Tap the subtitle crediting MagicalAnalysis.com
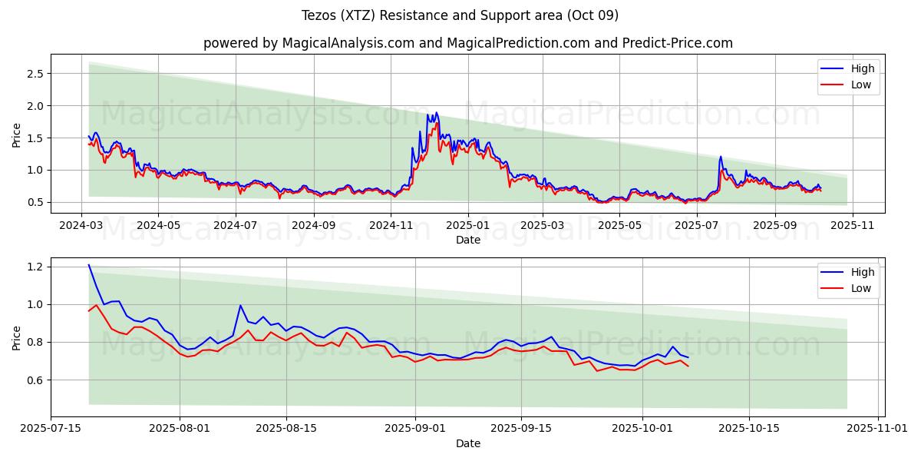[x=467, y=43]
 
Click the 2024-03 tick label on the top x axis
[x=81, y=226]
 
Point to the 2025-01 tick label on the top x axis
[x=467, y=226]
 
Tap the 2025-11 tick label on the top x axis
[x=852, y=226]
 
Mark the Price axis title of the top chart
[x=17, y=134]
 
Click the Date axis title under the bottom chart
[x=467, y=443]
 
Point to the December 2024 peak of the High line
[x=437, y=113]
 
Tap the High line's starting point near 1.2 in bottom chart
[x=89, y=265]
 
